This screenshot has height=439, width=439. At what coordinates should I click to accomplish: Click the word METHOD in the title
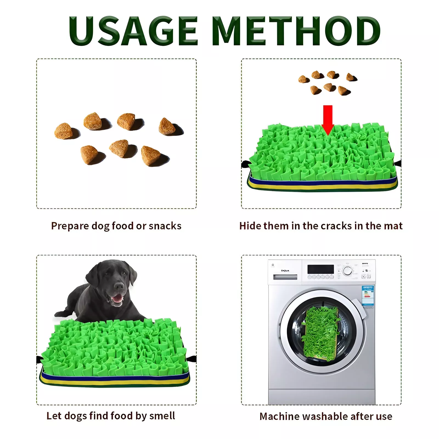point(296,31)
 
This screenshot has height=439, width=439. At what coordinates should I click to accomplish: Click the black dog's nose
point(119,286)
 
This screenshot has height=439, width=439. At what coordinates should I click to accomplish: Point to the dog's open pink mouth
point(117,298)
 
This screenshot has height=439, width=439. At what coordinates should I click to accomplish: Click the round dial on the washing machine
point(348,271)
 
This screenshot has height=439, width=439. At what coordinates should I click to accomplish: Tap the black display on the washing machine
point(320,269)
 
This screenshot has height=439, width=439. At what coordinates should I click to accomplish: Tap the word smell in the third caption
point(162,416)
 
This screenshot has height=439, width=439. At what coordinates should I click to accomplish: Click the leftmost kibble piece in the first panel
point(64,131)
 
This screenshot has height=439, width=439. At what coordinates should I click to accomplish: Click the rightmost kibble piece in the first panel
point(167,126)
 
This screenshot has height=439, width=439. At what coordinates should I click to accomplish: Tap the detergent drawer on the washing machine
point(285,277)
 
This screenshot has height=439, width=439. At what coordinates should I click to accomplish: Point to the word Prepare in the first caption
point(70,226)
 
